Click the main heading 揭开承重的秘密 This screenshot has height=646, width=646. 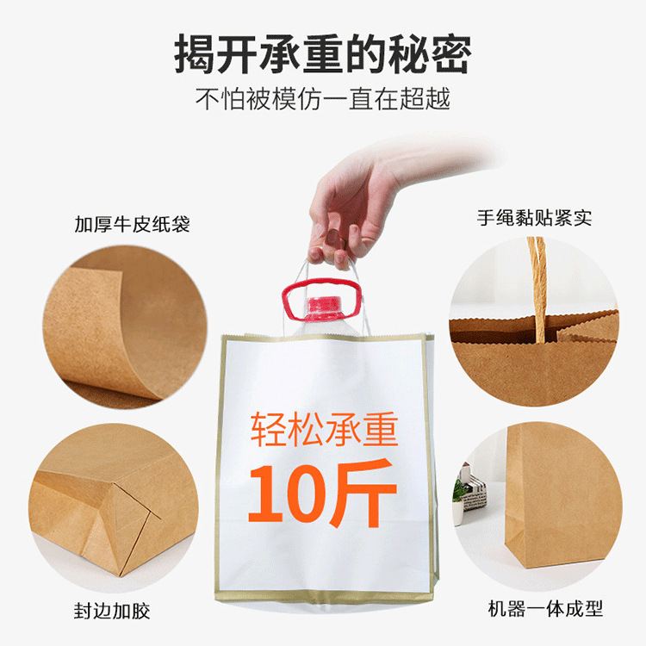[x=323, y=53]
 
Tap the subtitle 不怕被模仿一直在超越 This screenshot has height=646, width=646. [x=323, y=99]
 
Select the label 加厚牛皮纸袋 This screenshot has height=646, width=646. [x=132, y=225]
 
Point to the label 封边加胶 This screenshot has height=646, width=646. [x=111, y=612]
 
